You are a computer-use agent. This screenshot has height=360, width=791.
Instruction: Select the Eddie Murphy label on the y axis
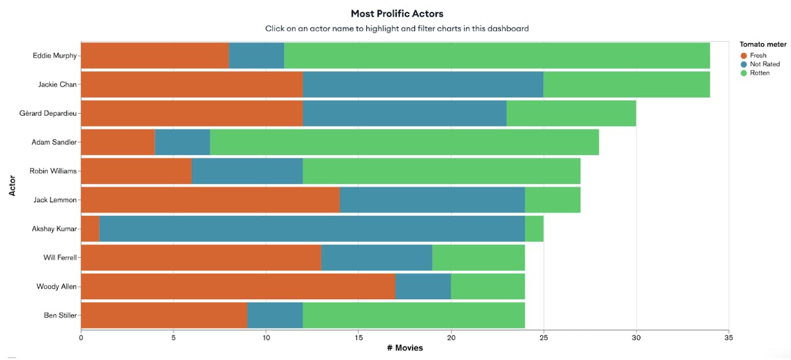click(54, 56)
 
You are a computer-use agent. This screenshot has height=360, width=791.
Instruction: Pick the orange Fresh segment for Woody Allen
click(238, 287)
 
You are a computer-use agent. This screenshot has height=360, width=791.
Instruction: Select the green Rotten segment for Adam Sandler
click(404, 142)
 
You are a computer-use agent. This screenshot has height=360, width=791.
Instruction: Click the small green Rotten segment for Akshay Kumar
click(534, 229)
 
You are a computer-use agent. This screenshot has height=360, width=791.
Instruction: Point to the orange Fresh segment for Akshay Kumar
click(90, 229)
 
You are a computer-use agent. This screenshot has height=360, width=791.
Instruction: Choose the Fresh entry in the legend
click(758, 56)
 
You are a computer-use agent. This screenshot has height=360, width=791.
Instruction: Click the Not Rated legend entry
click(764, 64)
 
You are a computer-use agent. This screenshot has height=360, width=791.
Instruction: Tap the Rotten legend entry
click(760, 73)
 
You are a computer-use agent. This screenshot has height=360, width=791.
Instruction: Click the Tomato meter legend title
click(758, 45)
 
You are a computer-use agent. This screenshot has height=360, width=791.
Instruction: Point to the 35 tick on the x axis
click(729, 338)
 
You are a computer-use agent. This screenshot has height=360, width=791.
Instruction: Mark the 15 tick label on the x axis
click(358, 338)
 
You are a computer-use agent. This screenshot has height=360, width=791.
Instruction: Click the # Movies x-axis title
click(405, 348)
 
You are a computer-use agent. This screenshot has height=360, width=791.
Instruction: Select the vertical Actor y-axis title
click(12, 185)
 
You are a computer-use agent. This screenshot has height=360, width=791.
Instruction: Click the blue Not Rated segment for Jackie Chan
click(423, 84)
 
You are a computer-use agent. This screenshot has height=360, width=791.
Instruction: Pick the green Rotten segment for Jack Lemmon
click(552, 200)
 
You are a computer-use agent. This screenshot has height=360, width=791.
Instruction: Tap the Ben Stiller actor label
click(60, 315)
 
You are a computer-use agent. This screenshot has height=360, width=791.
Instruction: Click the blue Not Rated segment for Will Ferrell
click(377, 258)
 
